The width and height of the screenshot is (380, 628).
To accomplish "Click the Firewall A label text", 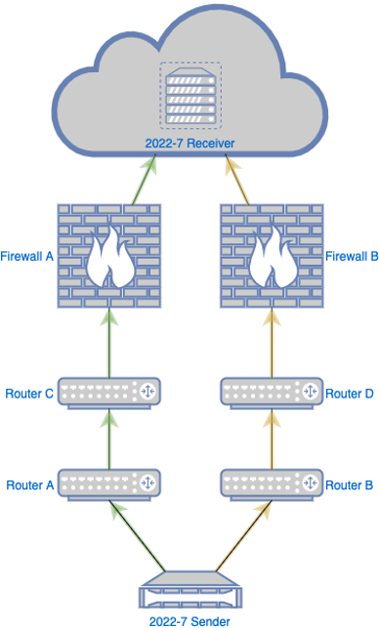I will (27, 256).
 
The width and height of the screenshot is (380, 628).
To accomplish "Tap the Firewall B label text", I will (352, 256).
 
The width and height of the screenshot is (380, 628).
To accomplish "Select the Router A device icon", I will (108, 484).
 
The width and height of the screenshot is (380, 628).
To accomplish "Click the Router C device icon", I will (108, 393).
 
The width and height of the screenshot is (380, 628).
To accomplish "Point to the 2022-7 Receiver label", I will (190, 144).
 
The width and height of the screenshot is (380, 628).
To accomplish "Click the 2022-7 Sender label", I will (190, 619).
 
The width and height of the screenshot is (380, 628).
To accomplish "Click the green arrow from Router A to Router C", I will (108, 440).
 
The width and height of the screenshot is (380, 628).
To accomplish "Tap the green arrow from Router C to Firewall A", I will (108, 344).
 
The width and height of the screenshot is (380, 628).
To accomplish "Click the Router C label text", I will (27, 394).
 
